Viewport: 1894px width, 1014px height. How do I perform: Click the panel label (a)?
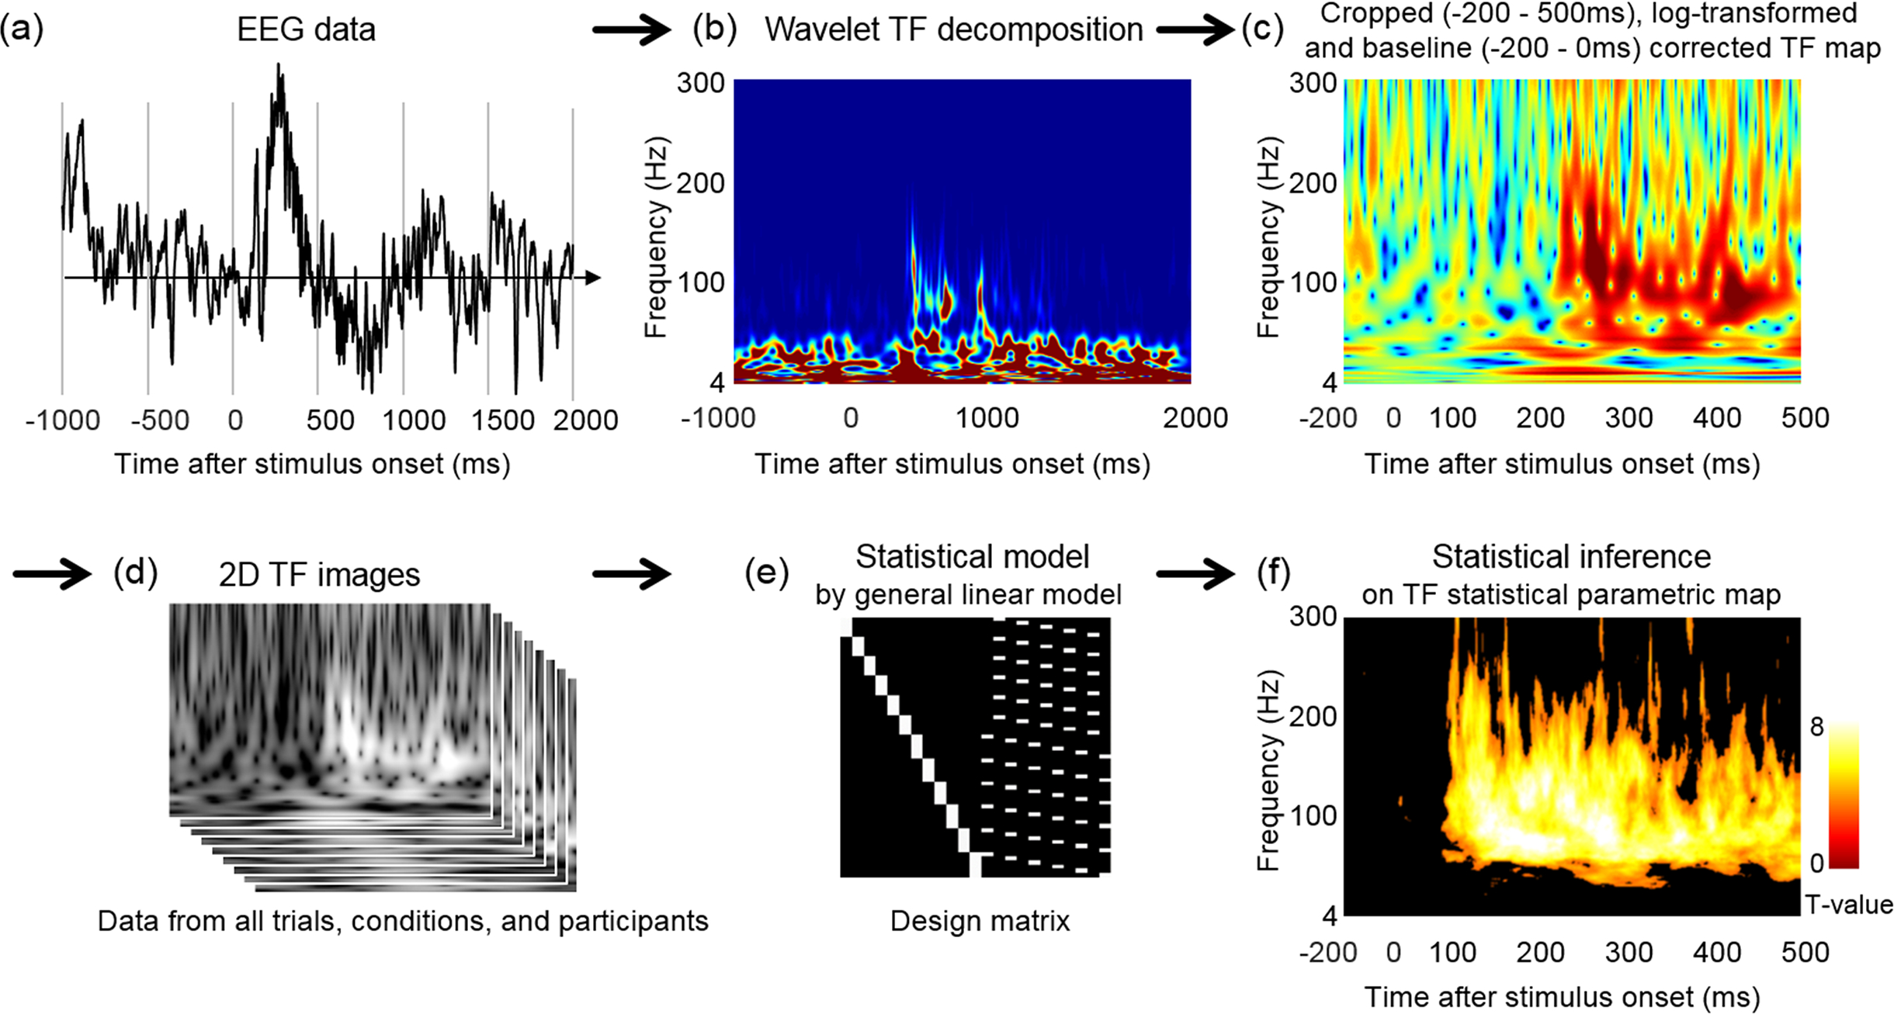coord(22,29)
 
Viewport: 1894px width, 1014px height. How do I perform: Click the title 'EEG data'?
coord(306,30)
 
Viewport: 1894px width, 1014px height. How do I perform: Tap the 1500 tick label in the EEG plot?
coord(503,420)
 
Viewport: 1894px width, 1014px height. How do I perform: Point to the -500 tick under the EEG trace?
coord(160,420)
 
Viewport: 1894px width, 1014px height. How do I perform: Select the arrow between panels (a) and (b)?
coord(630,31)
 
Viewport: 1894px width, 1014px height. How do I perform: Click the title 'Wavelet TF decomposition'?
coord(953,30)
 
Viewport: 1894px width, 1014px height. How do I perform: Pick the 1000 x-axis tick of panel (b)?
coord(987,418)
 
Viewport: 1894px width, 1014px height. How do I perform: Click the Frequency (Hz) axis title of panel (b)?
coord(657,237)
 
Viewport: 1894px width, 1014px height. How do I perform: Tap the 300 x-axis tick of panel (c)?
coord(1629,418)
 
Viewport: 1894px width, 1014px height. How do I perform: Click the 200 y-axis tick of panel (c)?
coord(1313,183)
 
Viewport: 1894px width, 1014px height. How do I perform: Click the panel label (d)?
coord(135,573)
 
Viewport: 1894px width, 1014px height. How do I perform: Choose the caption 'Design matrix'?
coord(980,921)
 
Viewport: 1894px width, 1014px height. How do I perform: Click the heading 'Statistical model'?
coord(972,557)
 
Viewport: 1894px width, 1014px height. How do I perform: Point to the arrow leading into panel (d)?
coord(51,575)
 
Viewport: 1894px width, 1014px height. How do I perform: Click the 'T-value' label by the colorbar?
coord(1849,905)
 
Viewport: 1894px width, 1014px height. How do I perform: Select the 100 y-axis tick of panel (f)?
coord(1313,816)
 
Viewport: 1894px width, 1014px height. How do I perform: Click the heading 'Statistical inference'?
coord(1571,557)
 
